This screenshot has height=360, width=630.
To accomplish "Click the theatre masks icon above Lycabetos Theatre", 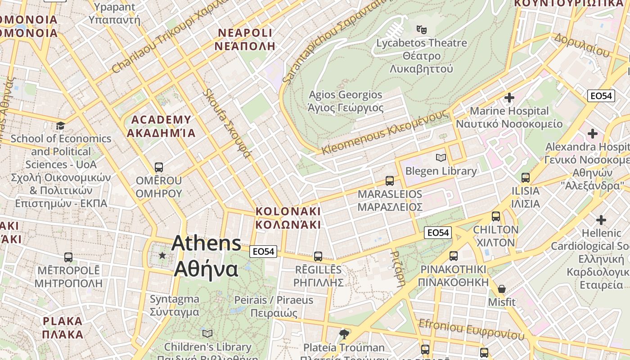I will (421, 30).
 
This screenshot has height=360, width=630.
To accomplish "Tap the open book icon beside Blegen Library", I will (441, 157).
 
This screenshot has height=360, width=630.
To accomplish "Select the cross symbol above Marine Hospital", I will (509, 98).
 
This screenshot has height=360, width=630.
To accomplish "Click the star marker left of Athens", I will (162, 256).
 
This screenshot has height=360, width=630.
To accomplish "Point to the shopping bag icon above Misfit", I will (501, 288).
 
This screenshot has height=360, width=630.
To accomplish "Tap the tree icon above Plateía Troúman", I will (344, 334).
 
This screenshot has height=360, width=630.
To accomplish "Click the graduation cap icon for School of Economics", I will (60, 125).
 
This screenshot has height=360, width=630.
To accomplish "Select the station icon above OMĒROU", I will (158, 167).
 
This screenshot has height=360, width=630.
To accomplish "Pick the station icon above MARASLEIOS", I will (390, 181).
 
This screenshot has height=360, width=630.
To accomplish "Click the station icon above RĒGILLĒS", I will (318, 256).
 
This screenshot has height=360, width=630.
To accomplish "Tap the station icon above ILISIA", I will (525, 177).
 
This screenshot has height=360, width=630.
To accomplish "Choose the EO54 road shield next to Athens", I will (263, 252).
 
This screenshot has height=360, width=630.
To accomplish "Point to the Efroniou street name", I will (471, 329).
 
